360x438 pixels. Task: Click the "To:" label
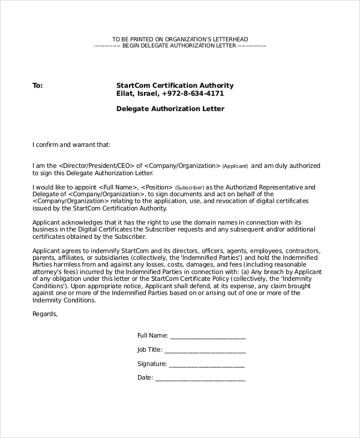click(37, 86)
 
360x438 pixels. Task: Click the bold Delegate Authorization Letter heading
click(170, 109)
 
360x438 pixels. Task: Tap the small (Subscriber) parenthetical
click(190, 188)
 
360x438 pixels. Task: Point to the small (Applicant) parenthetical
click(235, 166)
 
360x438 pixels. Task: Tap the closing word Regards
click(45, 313)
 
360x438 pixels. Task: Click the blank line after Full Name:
click(208, 336)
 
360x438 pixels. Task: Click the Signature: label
click(152, 364)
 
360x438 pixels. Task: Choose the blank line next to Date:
click(200, 379)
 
